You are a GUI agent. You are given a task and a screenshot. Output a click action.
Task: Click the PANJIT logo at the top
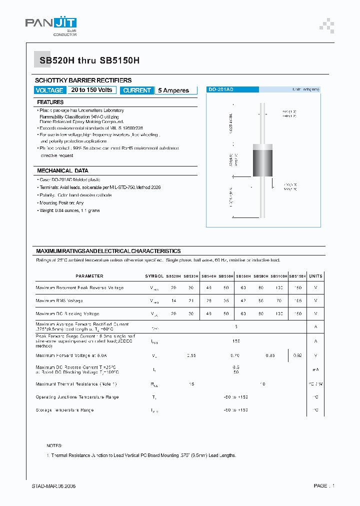pyautogui.click(x=50, y=25)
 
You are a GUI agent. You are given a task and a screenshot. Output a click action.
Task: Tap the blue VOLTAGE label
pyautogui.click(x=49, y=90)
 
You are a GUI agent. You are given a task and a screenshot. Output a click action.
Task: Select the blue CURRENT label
pyautogui.click(x=136, y=90)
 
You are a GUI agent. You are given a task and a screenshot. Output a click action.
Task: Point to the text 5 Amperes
pyautogui.click(x=173, y=90)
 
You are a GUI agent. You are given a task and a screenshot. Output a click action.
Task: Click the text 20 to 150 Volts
pyautogui.click(x=91, y=90)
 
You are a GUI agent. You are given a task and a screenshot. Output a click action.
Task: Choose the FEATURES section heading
pyautogui.click(x=50, y=102)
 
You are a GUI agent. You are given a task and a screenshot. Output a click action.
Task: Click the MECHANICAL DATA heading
pyautogui.click(x=62, y=170)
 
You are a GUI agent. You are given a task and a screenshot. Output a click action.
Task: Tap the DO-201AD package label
pyautogui.click(x=220, y=89)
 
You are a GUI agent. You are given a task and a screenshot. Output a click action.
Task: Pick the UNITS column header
pyautogui.click(x=315, y=276)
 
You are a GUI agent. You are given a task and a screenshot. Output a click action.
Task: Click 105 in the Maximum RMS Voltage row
pyautogui.click(x=298, y=301)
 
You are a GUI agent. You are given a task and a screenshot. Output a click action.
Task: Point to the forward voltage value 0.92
pyautogui.click(x=298, y=355)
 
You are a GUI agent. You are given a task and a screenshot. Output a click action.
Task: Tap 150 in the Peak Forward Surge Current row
pyautogui.click(x=236, y=341)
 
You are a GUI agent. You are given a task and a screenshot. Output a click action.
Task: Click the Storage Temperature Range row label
pyautogui.click(x=65, y=410)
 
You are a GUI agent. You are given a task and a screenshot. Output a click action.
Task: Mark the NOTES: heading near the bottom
pyautogui.click(x=54, y=445)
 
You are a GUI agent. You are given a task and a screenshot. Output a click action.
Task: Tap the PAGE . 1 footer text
pyautogui.click(x=324, y=486)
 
